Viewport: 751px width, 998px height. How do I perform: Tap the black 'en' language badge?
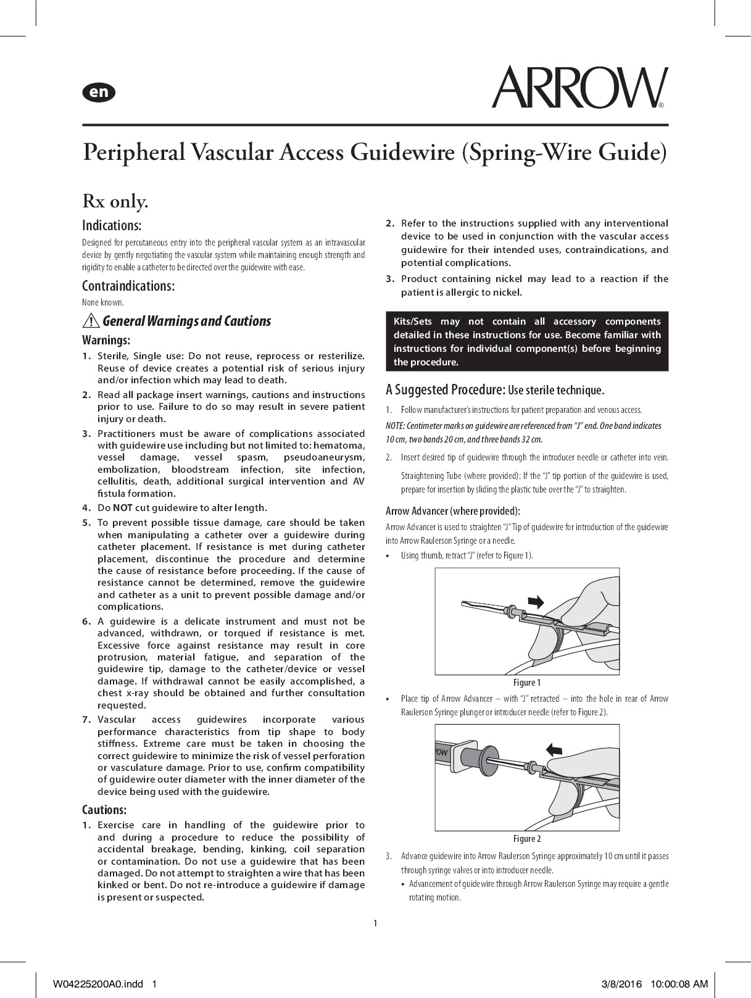99,92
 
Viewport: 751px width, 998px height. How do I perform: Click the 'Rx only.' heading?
115,201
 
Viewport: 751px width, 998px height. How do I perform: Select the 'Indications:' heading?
112,225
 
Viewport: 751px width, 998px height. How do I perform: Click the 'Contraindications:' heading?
128,286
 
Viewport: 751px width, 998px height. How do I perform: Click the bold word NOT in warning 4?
122,508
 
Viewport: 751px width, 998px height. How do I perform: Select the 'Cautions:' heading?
104,809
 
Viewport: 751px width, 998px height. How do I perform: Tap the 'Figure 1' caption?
527,683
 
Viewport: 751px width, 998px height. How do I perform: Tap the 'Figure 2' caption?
527,839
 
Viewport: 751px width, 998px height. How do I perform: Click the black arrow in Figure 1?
536,601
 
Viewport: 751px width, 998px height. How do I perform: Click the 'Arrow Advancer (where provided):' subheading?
453,511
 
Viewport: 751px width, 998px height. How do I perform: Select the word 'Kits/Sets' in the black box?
413,322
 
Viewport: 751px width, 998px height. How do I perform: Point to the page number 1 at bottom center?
375,923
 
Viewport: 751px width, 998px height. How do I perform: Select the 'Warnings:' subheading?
106,340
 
